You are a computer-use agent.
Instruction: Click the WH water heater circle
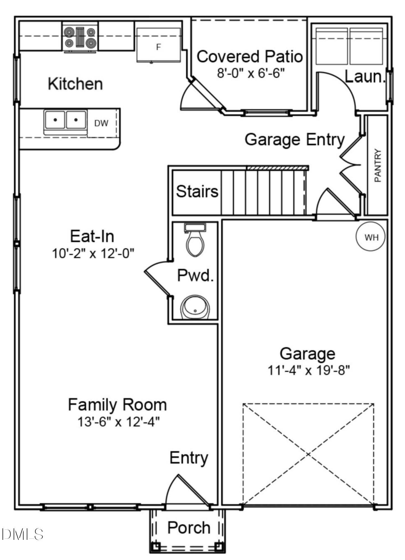point(370,237)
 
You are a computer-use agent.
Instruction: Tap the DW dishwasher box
point(101,123)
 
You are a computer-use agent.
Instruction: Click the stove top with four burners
point(80,37)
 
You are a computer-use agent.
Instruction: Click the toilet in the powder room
point(195,241)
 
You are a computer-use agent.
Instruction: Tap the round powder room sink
point(195,307)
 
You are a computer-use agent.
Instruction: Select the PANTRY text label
point(378,165)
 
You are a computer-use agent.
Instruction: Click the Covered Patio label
point(250,57)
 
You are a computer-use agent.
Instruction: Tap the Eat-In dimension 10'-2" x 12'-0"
point(93,254)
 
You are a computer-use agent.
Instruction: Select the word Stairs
point(197,192)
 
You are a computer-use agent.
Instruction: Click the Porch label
point(189,528)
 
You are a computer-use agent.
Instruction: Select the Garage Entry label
point(294,139)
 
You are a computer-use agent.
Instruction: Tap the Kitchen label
point(75,84)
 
